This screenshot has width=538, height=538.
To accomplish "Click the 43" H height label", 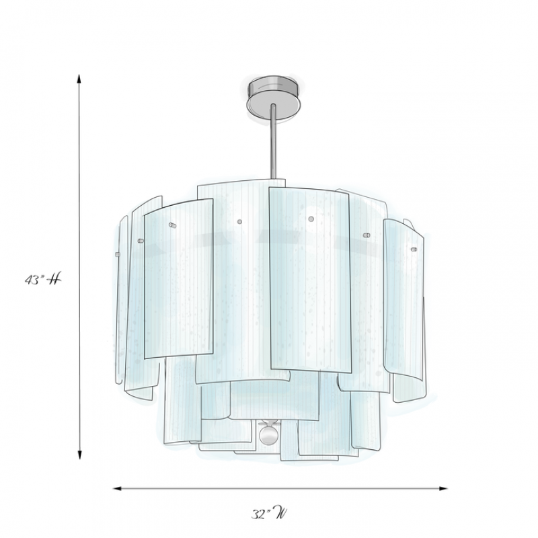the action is coord(43,280).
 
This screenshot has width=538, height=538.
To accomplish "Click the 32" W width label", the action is coord(270,514).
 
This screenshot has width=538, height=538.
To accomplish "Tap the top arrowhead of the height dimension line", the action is coord(79,79).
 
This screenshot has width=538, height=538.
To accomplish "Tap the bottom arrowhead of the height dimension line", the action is coord(79,455).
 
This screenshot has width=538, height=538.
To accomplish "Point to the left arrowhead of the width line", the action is coord(117,489).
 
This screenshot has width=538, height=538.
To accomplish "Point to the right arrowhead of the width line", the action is coord(444,489).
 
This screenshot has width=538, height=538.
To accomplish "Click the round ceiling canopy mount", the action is coord(274,98).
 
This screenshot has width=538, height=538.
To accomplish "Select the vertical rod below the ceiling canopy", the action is coord(273,141).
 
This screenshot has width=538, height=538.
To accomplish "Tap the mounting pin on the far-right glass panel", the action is coord(414,249).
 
